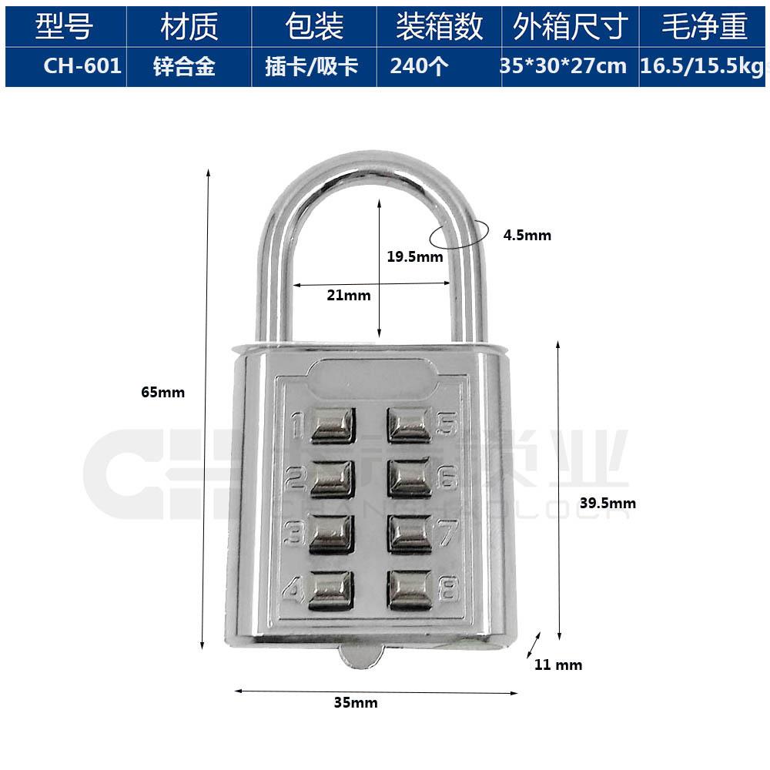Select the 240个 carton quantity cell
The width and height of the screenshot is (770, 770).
(x=419, y=66)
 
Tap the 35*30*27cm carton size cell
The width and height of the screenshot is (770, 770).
(x=564, y=66)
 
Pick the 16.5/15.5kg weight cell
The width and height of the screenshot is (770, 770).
(x=702, y=66)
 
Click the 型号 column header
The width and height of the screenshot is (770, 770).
(x=65, y=27)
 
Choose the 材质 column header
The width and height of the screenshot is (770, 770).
(x=189, y=27)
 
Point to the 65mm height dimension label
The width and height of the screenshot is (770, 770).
(x=163, y=391)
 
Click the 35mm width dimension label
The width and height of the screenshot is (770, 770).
(x=356, y=702)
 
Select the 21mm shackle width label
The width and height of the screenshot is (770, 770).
(x=349, y=295)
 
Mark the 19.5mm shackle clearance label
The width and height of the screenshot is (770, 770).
(x=414, y=256)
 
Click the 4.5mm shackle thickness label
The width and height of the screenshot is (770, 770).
(x=527, y=236)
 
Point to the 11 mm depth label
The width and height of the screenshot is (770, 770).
(x=558, y=665)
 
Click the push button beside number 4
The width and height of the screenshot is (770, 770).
(x=333, y=590)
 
